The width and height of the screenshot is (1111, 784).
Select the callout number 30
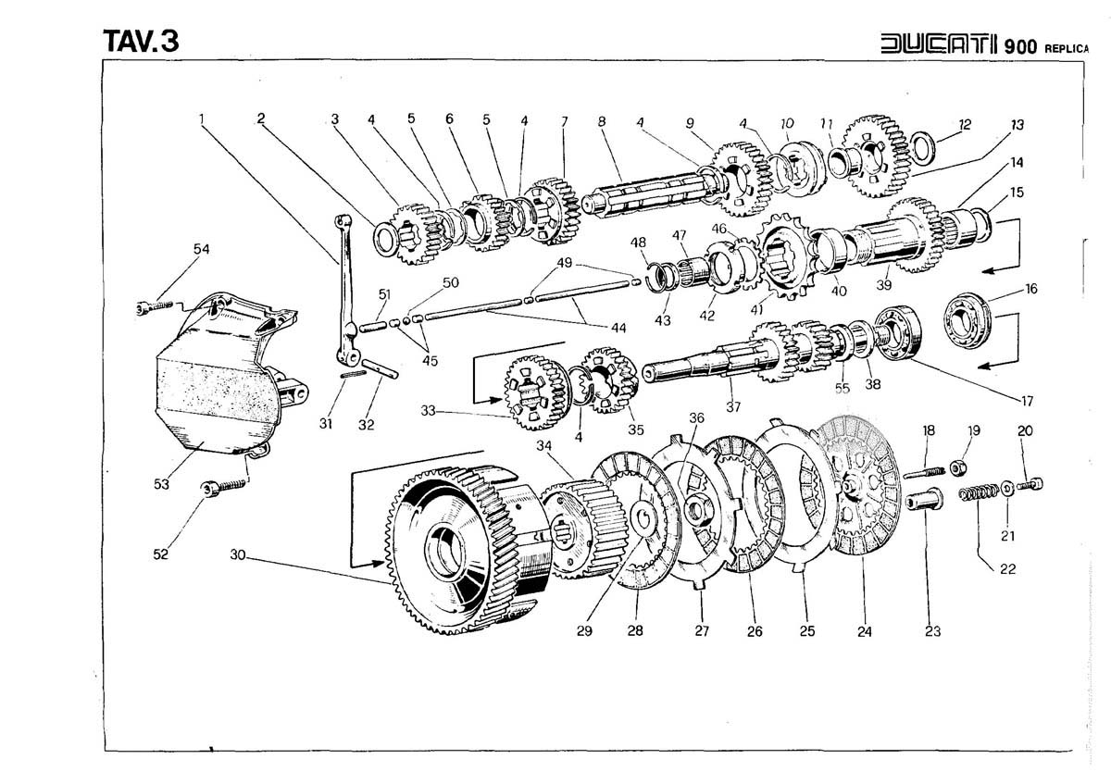pyautogui.click(x=238, y=555)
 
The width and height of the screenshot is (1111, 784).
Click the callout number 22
pyautogui.click(x=1007, y=568)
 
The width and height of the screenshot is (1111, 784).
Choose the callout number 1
pyautogui.click(x=201, y=118)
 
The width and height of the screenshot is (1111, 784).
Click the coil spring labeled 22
pyautogui.click(x=980, y=492)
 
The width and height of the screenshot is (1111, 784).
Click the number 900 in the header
pyautogui.click(x=1012, y=45)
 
